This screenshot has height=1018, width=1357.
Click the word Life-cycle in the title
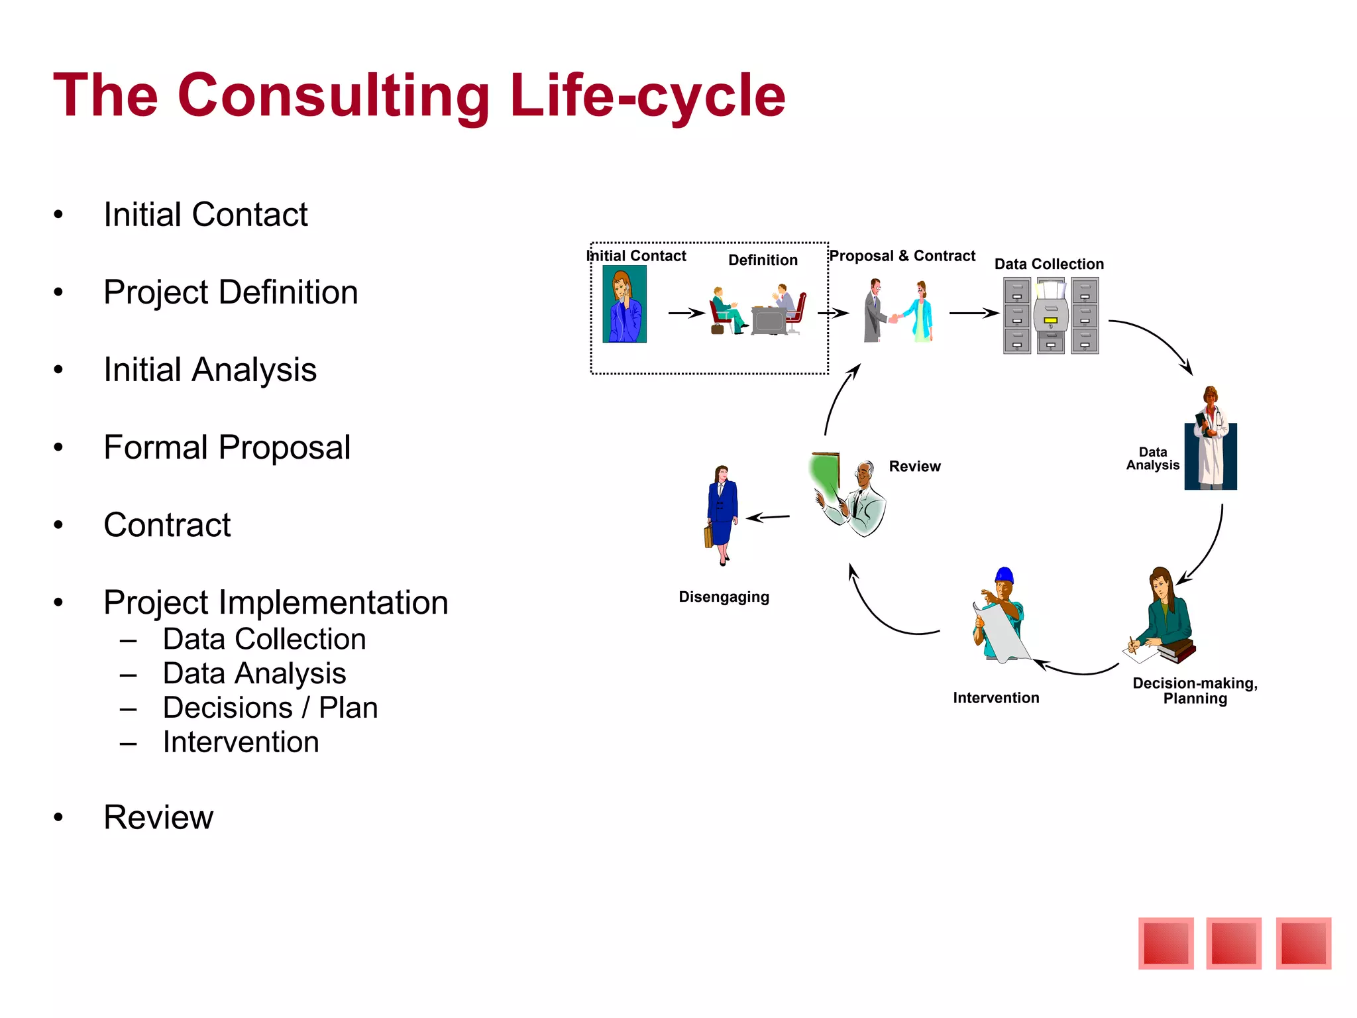[x=647, y=97]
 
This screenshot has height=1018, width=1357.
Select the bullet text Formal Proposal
[x=227, y=447]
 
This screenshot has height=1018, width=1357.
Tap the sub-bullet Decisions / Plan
[x=270, y=708]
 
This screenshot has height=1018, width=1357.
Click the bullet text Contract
[x=167, y=525]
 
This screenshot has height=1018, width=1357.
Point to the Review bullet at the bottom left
[x=158, y=817]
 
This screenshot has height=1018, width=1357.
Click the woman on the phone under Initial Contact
[x=624, y=304]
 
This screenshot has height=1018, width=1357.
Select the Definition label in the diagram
[x=763, y=260]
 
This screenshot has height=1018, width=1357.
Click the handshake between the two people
[x=894, y=318]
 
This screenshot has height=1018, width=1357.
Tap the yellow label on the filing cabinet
[x=1050, y=321]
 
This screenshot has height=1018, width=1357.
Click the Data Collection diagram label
[x=1049, y=264]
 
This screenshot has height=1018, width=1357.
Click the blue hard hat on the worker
[x=1004, y=575]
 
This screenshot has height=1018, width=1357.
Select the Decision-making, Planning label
[x=1195, y=691]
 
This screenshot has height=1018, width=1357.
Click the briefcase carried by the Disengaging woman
[x=708, y=536]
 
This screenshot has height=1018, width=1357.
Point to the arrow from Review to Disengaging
[x=768, y=517]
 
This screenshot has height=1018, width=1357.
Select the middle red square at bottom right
[x=1233, y=943]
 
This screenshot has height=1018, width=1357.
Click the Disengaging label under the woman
[x=724, y=597]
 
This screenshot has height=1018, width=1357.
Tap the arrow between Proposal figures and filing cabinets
[x=973, y=313]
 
